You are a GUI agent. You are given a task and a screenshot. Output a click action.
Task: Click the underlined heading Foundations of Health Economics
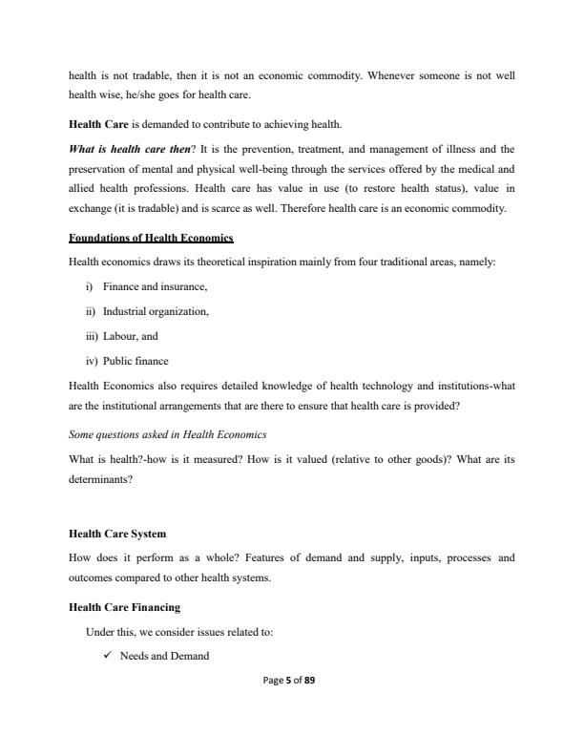(151, 237)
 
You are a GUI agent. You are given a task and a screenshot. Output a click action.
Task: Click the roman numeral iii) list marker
(95, 336)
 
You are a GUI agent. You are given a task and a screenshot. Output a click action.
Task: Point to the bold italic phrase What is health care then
(122, 149)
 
